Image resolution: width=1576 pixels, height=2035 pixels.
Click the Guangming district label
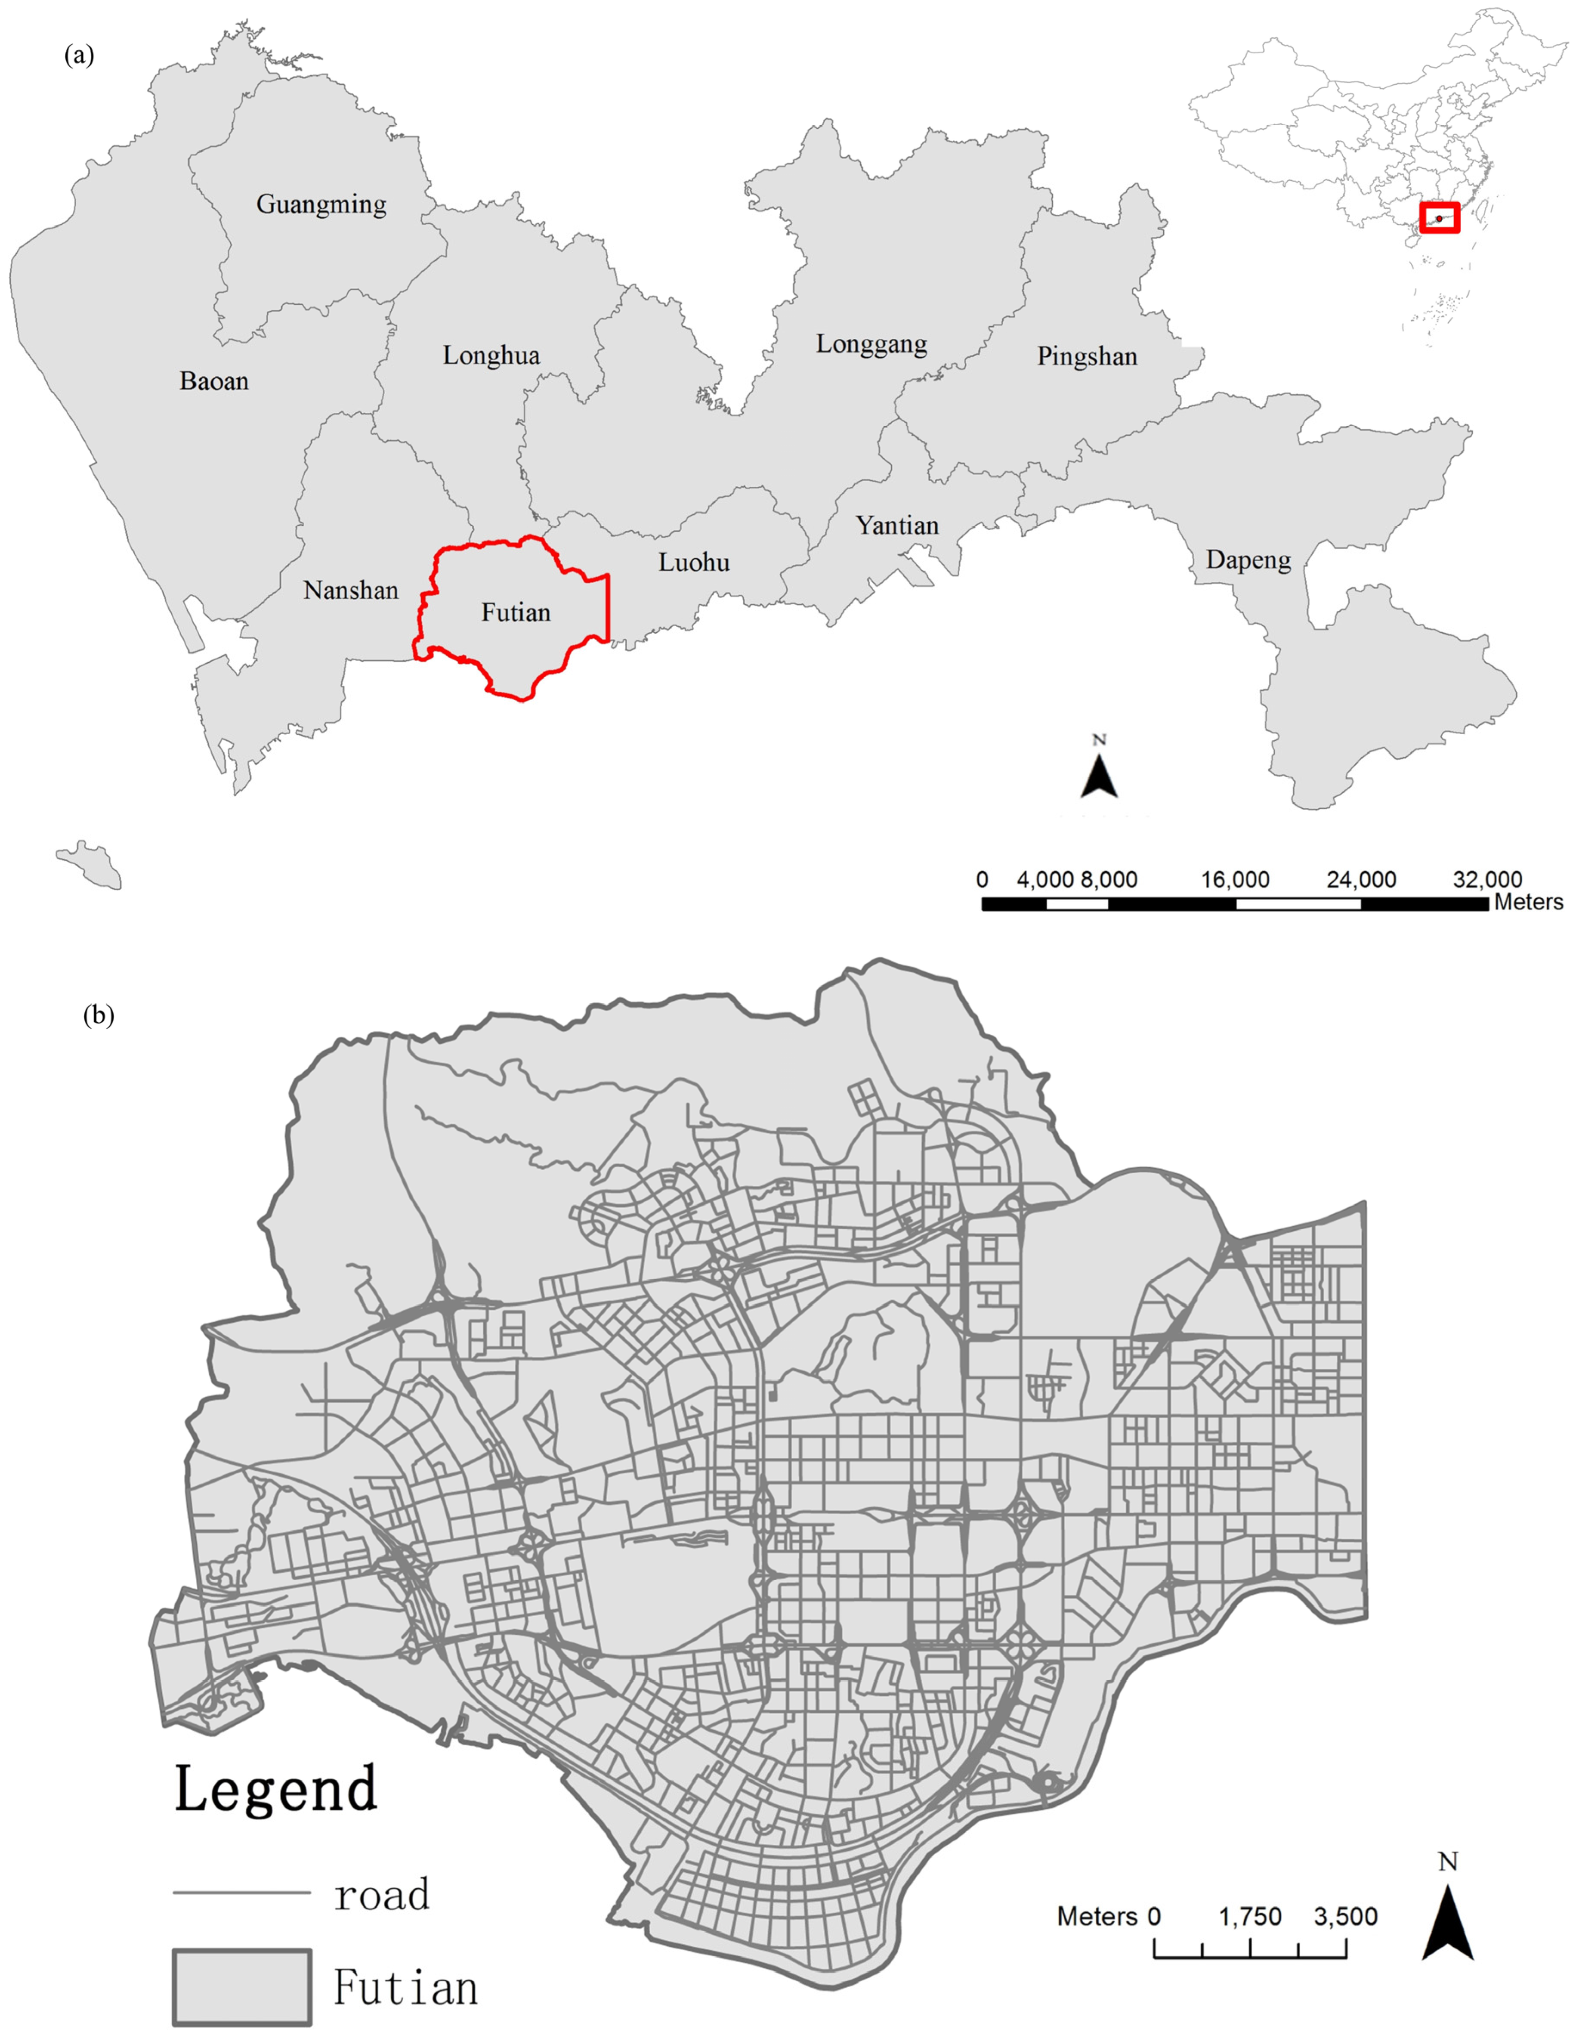pos(321,204)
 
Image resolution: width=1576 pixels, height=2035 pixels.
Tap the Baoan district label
pos(214,381)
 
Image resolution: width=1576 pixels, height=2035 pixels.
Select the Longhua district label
pos(491,355)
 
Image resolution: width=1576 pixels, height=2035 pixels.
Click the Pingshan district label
pos(1087,356)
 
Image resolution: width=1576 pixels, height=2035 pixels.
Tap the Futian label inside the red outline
pos(515,612)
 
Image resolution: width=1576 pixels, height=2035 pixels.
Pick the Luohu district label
pos(694,562)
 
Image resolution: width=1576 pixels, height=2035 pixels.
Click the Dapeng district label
pos(1248,560)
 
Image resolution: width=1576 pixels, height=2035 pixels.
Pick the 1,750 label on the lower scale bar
pos(1250,1917)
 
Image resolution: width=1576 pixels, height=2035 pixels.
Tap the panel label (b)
pos(99,1015)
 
